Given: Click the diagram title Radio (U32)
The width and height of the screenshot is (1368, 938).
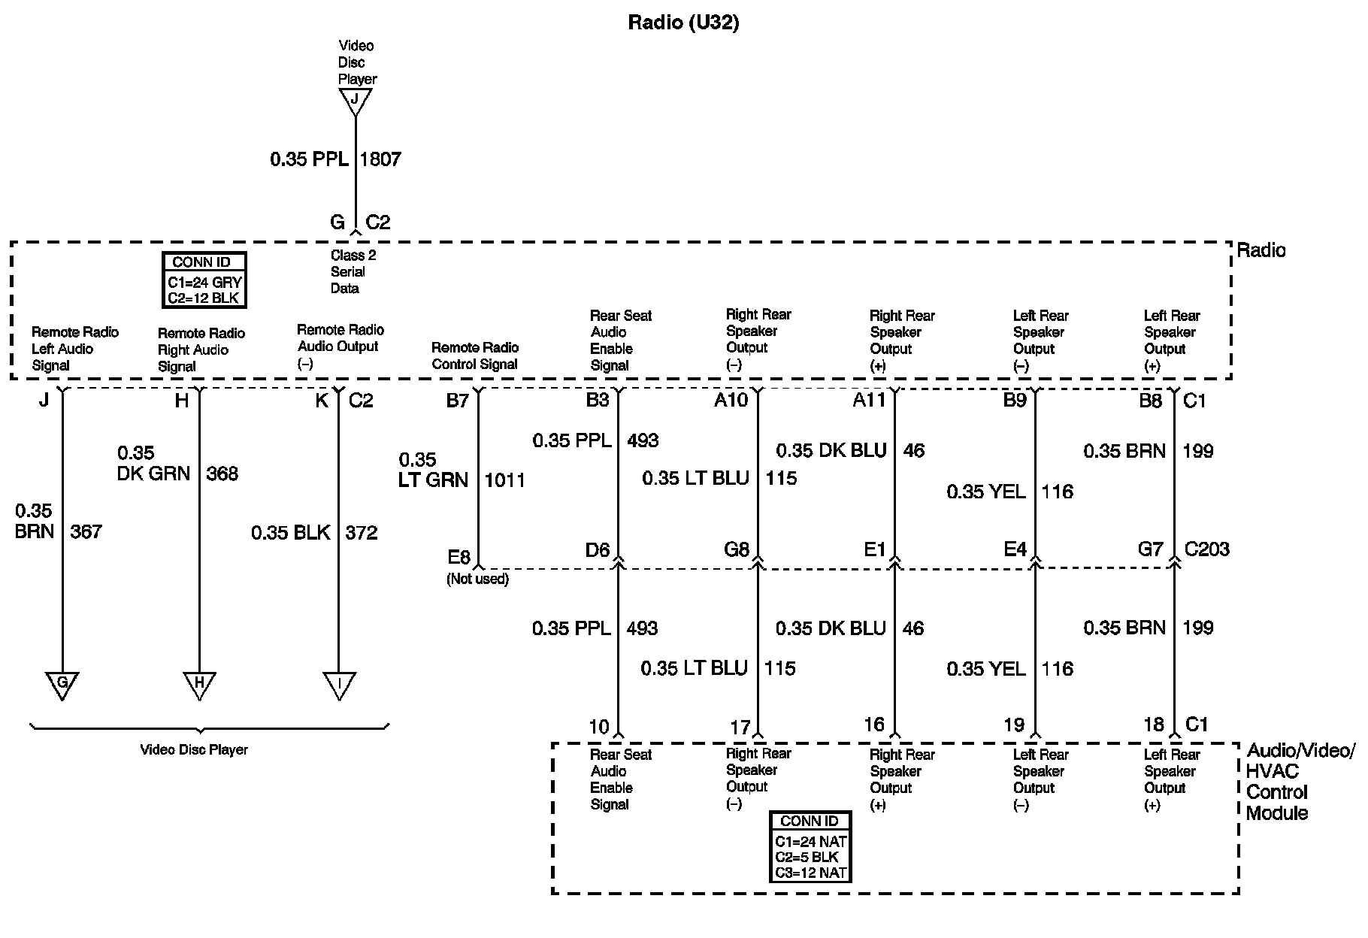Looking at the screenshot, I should click(x=683, y=23).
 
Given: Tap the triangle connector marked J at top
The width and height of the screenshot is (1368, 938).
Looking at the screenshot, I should click(x=356, y=101).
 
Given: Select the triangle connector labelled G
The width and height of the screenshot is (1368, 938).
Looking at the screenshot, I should click(x=62, y=685).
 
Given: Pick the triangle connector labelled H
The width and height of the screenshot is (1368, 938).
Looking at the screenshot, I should click(x=199, y=685).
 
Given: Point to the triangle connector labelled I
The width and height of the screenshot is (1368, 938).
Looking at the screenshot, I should click(x=339, y=685).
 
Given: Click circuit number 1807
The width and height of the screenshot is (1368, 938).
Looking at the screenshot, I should click(x=380, y=159).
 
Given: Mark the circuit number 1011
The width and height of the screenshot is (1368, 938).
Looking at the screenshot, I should click(x=504, y=480).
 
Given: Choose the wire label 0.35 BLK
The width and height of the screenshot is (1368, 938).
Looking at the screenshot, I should click(x=291, y=533).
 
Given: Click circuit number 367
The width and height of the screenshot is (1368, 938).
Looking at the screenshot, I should click(x=86, y=532).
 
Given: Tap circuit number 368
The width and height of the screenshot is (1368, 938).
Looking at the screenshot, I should click(x=222, y=474).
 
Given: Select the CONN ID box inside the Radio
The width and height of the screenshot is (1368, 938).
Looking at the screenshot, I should click(x=204, y=280).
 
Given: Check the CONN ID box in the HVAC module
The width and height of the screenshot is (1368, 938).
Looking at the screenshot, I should click(x=810, y=847).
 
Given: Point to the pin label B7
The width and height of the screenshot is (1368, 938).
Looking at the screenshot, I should click(x=457, y=401).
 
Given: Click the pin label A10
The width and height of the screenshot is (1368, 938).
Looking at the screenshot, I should click(x=731, y=401).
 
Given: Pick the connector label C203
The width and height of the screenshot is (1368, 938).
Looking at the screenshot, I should click(x=1206, y=549).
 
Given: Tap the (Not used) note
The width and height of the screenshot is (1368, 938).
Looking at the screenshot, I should click(x=478, y=579).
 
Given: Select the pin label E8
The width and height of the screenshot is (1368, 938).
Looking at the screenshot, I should click(x=459, y=557).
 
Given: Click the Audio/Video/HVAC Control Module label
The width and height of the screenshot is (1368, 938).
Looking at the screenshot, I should click(x=1300, y=782).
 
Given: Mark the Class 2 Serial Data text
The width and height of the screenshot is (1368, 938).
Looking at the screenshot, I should click(x=352, y=272).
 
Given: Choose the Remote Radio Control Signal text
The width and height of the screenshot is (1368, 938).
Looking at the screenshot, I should click(x=475, y=356).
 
